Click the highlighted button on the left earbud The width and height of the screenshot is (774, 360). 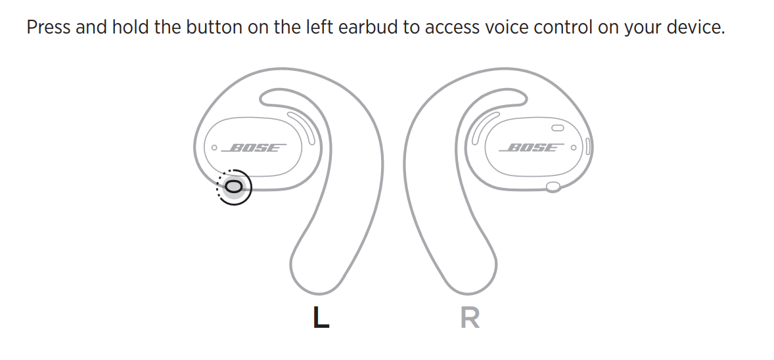point(234,188)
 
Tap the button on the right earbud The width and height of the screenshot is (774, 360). point(553,187)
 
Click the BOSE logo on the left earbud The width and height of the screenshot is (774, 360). point(255,148)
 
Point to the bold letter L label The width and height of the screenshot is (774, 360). point(320,318)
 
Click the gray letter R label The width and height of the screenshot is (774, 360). point(470,318)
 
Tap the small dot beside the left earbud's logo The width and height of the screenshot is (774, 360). point(213,148)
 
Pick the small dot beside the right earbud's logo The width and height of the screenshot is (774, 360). point(574,148)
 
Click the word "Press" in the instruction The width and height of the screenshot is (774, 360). point(48,29)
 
